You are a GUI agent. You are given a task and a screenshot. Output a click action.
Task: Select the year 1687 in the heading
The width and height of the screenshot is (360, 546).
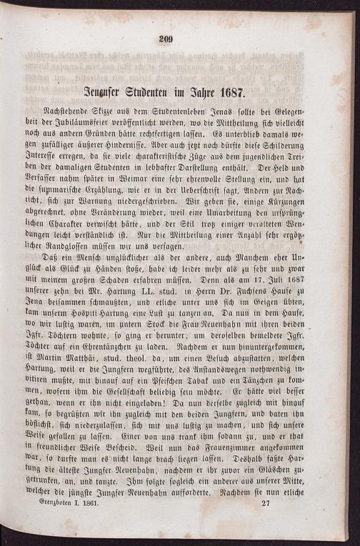pyautogui.click(x=227, y=93)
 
